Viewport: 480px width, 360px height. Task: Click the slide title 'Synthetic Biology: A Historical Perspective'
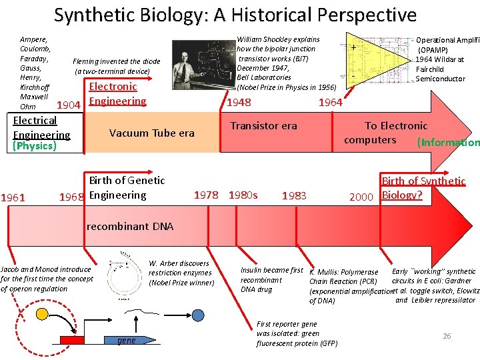tap(235, 15)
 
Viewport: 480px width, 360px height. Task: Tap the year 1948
tap(239, 102)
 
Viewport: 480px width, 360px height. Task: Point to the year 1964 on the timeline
tap(330, 102)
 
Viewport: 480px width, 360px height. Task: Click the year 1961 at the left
tap(13, 197)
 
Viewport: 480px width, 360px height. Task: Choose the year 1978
tap(206, 195)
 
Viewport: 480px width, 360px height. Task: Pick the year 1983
tap(294, 195)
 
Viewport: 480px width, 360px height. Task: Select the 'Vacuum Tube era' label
tap(151, 133)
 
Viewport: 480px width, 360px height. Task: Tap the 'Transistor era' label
tap(263, 125)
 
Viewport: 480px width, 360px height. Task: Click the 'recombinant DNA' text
tap(130, 226)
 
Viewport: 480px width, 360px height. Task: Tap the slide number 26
tap(447, 336)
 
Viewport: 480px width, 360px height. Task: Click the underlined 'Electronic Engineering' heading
tap(117, 93)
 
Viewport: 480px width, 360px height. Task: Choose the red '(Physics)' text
tap(35, 146)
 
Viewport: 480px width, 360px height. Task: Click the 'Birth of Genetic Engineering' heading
tap(127, 187)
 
